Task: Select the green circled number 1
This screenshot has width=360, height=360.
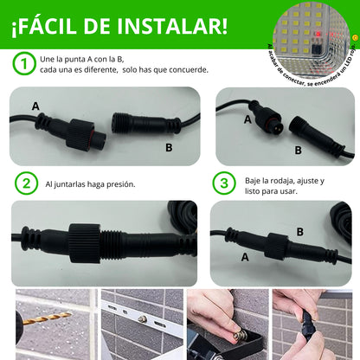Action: coord(24,63)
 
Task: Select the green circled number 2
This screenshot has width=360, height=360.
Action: coord(28,183)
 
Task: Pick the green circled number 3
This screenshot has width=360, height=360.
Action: coord(224,183)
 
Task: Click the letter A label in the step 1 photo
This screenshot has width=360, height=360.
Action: coord(35,106)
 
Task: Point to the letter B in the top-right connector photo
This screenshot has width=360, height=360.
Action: coord(298,150)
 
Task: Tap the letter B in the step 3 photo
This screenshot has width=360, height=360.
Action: coord(299,231)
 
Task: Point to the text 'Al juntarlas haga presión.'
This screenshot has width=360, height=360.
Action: coord(88,184)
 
